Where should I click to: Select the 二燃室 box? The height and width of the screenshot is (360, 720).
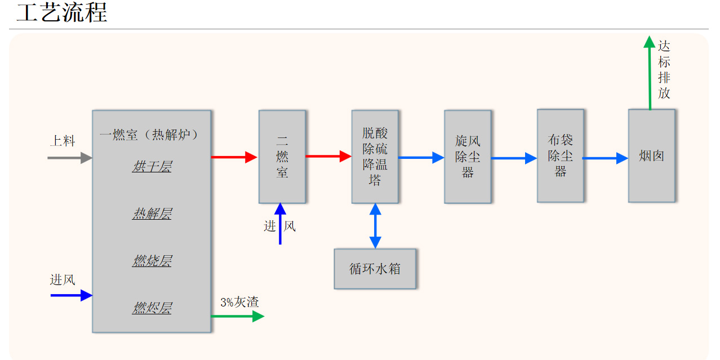click(x=282, y=157)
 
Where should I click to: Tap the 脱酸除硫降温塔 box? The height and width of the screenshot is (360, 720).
click(x=375, y=157)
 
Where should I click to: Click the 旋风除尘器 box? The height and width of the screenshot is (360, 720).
click(x=468, y=157)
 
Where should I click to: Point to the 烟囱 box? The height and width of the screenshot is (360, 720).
click(x=651, y=156)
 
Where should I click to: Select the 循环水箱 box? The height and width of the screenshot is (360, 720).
click(x=375, y=269)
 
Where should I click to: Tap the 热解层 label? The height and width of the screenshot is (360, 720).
click(x=152, y=214)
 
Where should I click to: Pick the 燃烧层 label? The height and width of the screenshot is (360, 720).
click(x=152, y=261)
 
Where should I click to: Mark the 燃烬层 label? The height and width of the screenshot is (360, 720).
click(x=152, y=308)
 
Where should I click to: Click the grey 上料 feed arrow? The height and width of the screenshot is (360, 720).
click(x=69, y=158)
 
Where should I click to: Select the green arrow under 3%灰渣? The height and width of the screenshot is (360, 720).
click(x=237, y=317)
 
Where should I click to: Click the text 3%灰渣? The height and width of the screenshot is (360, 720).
click(x=239, y=303)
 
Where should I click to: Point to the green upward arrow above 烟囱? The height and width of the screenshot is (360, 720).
click(x=650, y=73)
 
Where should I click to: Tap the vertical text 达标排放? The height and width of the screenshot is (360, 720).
click(x=664, y=70)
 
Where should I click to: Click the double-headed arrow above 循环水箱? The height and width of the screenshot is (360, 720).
click(x=375, y=226)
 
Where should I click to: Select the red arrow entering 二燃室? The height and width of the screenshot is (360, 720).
click(x=234, y=157)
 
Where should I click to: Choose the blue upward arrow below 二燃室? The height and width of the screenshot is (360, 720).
click(x=280, y=224)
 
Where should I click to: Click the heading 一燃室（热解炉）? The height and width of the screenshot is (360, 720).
click(x=149, y=135)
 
